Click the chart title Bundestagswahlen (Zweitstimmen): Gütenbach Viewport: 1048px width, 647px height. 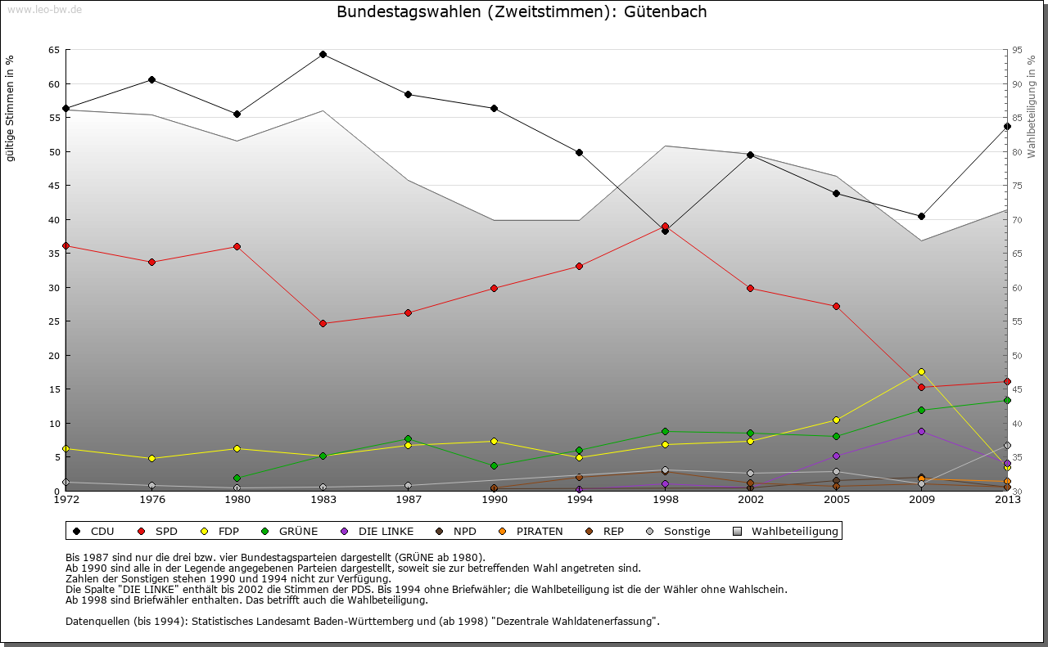[522, 12]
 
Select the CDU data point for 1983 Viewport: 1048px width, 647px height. [323, 55]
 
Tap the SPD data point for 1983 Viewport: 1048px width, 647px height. [323, 323]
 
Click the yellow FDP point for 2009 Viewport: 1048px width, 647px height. [921, 371]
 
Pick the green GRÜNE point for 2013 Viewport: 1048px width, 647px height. [1007, 400]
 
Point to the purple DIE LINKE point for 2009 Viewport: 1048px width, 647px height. [921, 431]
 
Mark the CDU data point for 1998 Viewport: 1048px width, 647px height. [665, 231]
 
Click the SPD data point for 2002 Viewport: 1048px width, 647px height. [750, 288]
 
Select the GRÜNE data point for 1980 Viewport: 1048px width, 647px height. [237, 478]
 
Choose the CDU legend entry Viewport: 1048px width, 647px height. [94, 532]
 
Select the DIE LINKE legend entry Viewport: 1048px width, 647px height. [377, 532]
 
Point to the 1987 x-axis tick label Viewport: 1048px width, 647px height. [408, 499]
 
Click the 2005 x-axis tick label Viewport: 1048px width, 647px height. [836, 499]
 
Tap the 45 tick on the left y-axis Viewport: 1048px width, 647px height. [53, 186]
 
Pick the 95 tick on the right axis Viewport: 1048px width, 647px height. [1017, 50]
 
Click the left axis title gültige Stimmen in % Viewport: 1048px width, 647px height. [10, 108]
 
